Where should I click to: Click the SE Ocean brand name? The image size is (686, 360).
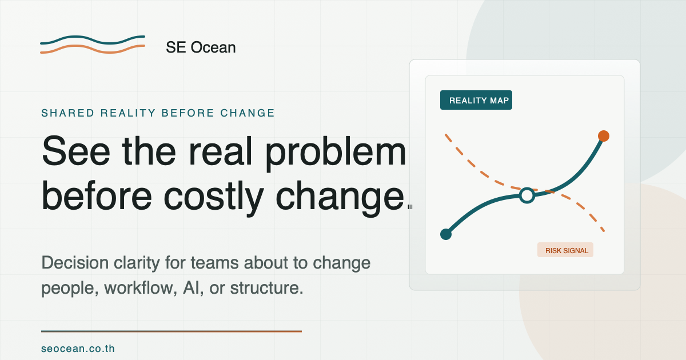tap(201, 47)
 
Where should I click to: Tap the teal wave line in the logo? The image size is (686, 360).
tap(93, 40)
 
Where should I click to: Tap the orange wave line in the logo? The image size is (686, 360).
tap(93, 49)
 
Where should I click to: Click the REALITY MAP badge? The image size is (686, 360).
tap(476, 100)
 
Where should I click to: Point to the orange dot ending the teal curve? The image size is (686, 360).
tap(603, 136)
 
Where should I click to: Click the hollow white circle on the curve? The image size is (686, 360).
tap(527, 195)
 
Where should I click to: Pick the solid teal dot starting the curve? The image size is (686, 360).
tap(446, 234)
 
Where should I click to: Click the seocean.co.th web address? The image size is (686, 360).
tap(78, 349)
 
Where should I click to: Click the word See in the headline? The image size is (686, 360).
tap(76, 151)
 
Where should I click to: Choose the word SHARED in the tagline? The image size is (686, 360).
tap(67, 113)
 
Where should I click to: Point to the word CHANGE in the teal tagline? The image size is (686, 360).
tap(248, 113)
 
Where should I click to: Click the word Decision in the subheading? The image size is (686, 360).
tap(75, 263)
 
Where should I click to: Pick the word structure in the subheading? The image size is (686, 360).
tap(266, 288)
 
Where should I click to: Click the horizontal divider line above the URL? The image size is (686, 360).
tap(171, 331)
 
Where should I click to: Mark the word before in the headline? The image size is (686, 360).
tap(97, 196)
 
